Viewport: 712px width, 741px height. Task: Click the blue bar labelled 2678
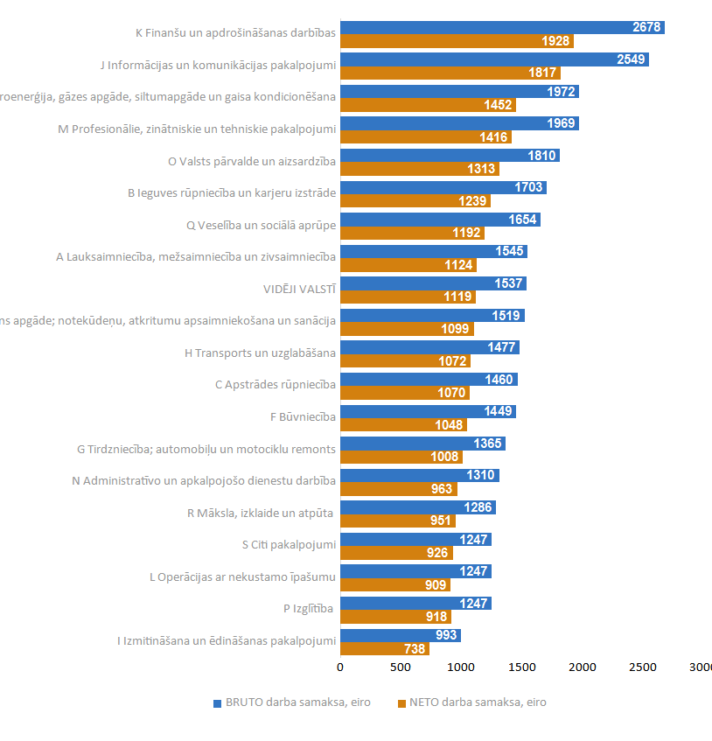point(502,27)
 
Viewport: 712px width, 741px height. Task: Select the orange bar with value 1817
point(450,73)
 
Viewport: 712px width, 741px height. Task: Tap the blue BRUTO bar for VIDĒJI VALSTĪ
point(433,283)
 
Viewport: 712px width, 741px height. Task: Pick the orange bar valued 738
point(384,649)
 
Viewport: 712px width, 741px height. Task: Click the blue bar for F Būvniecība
point(428,411)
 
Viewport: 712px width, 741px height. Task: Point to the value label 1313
point(481,169)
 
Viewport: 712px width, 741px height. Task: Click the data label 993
point(446,635)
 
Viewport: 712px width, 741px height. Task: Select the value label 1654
point(523,220)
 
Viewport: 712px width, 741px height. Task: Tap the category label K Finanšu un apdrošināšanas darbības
point(235,33)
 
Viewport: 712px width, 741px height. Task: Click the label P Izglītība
point(310,608)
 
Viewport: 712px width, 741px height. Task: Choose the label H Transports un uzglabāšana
point(260,353)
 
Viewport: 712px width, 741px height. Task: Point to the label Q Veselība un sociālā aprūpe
point(261,225)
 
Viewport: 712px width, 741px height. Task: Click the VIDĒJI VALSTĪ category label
point(299,289)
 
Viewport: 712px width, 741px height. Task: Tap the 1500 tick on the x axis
point(522,668)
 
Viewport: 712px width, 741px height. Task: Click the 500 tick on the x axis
point(401,668)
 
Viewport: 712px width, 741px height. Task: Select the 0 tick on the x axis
point(340,668)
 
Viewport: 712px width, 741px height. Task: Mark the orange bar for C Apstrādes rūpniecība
point(404,393)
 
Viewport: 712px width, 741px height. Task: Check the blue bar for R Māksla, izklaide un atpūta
point(418,507)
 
